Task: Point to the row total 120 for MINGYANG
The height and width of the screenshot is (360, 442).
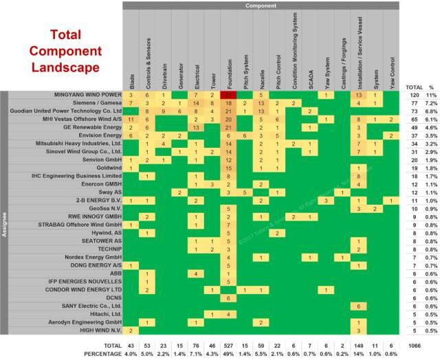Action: tap(414, 94)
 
